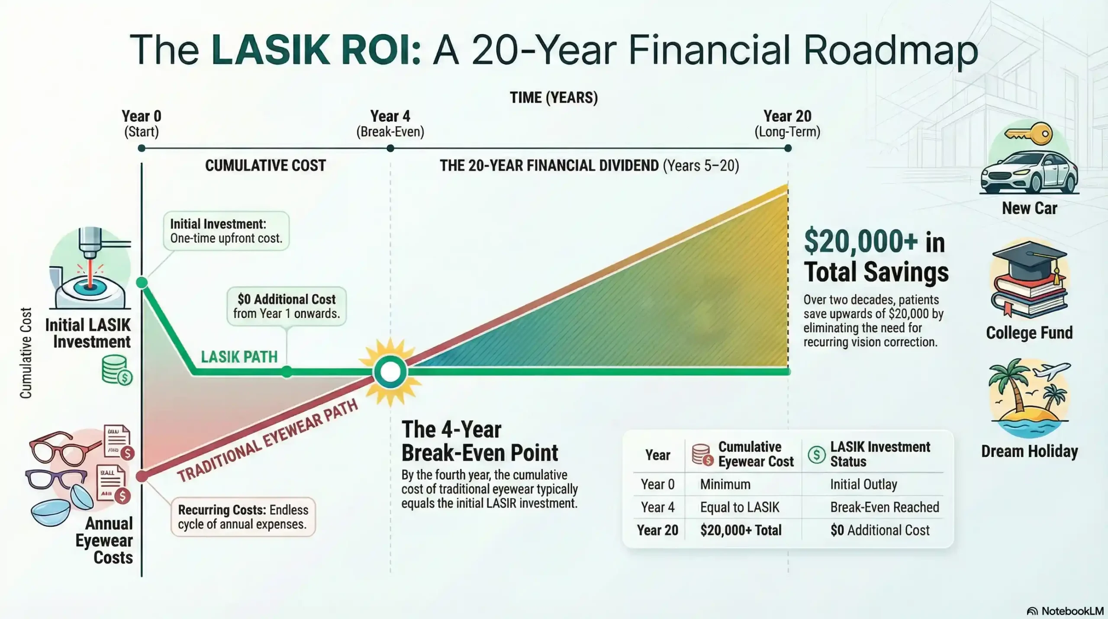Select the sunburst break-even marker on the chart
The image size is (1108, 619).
tap(390, 372)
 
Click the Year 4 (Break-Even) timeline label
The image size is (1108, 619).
tap(390, 123)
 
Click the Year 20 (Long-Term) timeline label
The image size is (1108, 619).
tap(787, 123)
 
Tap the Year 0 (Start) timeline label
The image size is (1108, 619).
tap(142, 123)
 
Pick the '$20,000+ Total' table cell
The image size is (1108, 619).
tap(741, 530)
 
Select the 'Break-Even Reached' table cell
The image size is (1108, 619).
tap(884, 507)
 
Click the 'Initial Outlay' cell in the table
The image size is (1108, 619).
tap(863, 484)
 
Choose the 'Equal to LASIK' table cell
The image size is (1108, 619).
tap(739, 507)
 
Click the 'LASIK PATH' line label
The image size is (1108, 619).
tap(239, 357)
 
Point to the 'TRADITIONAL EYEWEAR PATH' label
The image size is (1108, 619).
tap(267, 441)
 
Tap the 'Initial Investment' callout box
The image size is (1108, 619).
tap(226, 231)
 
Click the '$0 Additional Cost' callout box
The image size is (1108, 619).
tap(287, 306)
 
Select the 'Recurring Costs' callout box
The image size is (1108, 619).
tap(243, 517)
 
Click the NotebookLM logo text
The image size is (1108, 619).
tap(1072, 611)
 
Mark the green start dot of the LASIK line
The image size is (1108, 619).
tap(142, 283)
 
